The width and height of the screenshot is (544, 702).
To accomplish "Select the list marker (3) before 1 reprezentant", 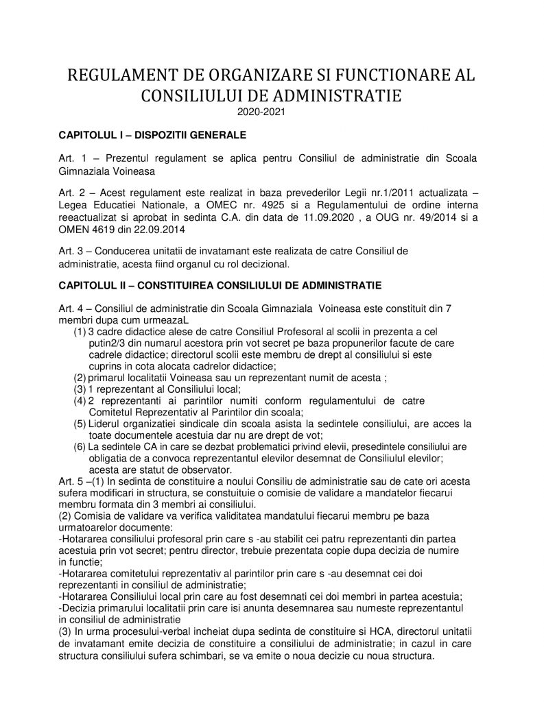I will pos(80,388).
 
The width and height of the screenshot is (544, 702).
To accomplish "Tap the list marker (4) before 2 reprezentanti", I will pos(80,400).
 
